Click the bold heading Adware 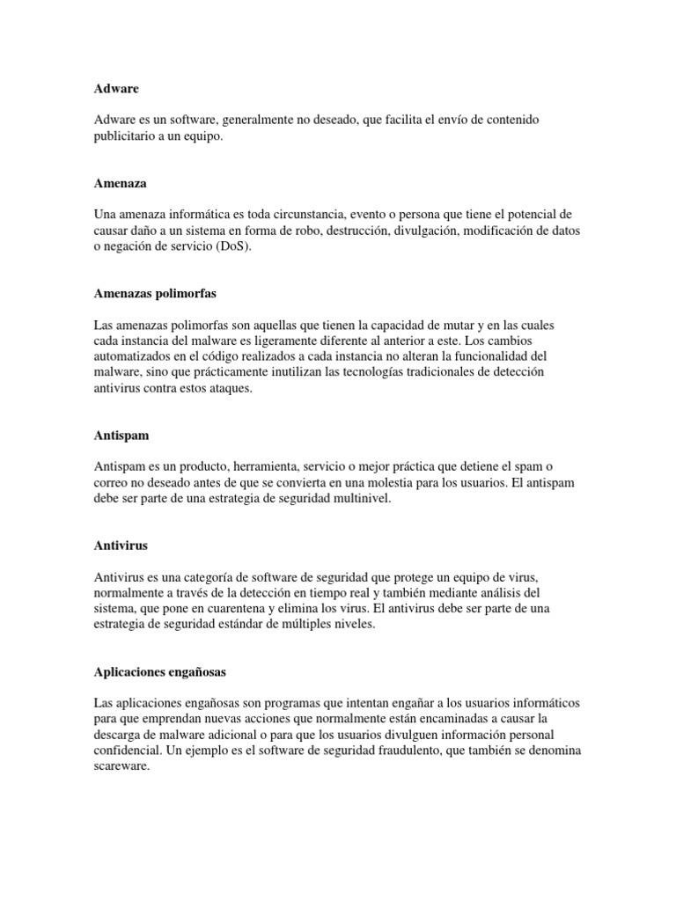click(116, 89)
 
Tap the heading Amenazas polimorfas click(155, 293)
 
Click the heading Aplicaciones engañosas click(160, 671)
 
